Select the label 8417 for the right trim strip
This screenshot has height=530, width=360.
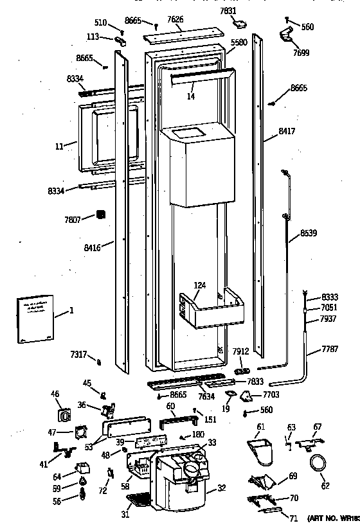[287, 131]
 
